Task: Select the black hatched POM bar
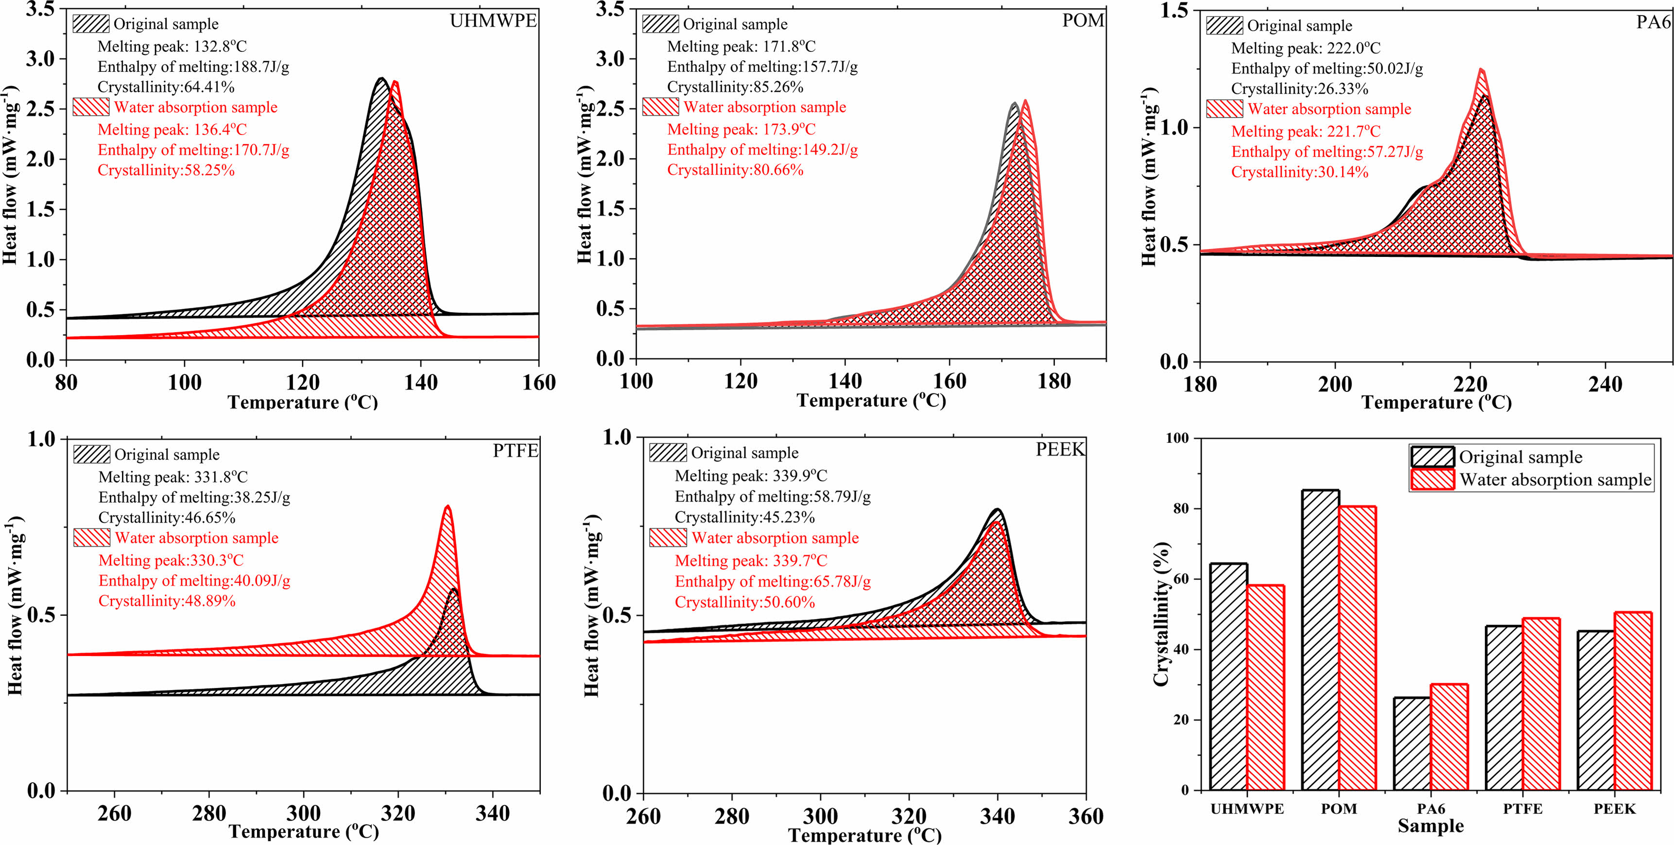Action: [1320, 640]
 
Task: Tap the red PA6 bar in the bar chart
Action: [1449, 737]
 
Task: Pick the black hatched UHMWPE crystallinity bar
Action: [1228, 676]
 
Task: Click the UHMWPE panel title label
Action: [493, 21]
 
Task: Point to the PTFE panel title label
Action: [516, 451]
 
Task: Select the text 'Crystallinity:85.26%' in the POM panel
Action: [735, 87]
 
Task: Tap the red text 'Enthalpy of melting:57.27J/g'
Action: [1327, 152]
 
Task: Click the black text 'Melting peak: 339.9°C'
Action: [751, 476]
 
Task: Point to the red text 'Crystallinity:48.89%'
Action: [167, 601]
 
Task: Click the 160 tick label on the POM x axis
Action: [949, 381]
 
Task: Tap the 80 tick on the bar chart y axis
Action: [1181, 508]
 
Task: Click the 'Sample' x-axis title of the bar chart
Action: [1430, 826]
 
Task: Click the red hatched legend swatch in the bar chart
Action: [1432, 479]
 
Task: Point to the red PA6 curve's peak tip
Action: [1482, 69]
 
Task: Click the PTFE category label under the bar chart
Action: [1522, 809]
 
